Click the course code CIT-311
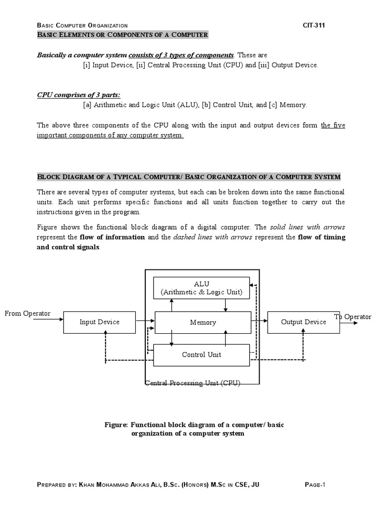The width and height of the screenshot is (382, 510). pos(314,25)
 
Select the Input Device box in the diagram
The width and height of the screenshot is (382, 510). pos(99,322)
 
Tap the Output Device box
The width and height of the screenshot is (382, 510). pos(303,322)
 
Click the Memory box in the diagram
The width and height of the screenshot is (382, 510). pos(203,323)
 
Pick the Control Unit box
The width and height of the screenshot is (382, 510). pos(201,355)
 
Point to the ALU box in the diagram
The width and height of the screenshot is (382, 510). pos(201,288)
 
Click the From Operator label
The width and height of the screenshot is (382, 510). pos(27,313)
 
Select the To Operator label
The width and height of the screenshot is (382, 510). pos(353,317)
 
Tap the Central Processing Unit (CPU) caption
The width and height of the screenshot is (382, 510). pos(193,383)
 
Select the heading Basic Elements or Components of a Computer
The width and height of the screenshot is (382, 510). pos(123,35)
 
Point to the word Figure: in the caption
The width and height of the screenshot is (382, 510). pos(116,424)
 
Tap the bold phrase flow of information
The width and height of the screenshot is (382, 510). pos(112,237)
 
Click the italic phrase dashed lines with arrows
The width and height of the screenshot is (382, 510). pos(214,237)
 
